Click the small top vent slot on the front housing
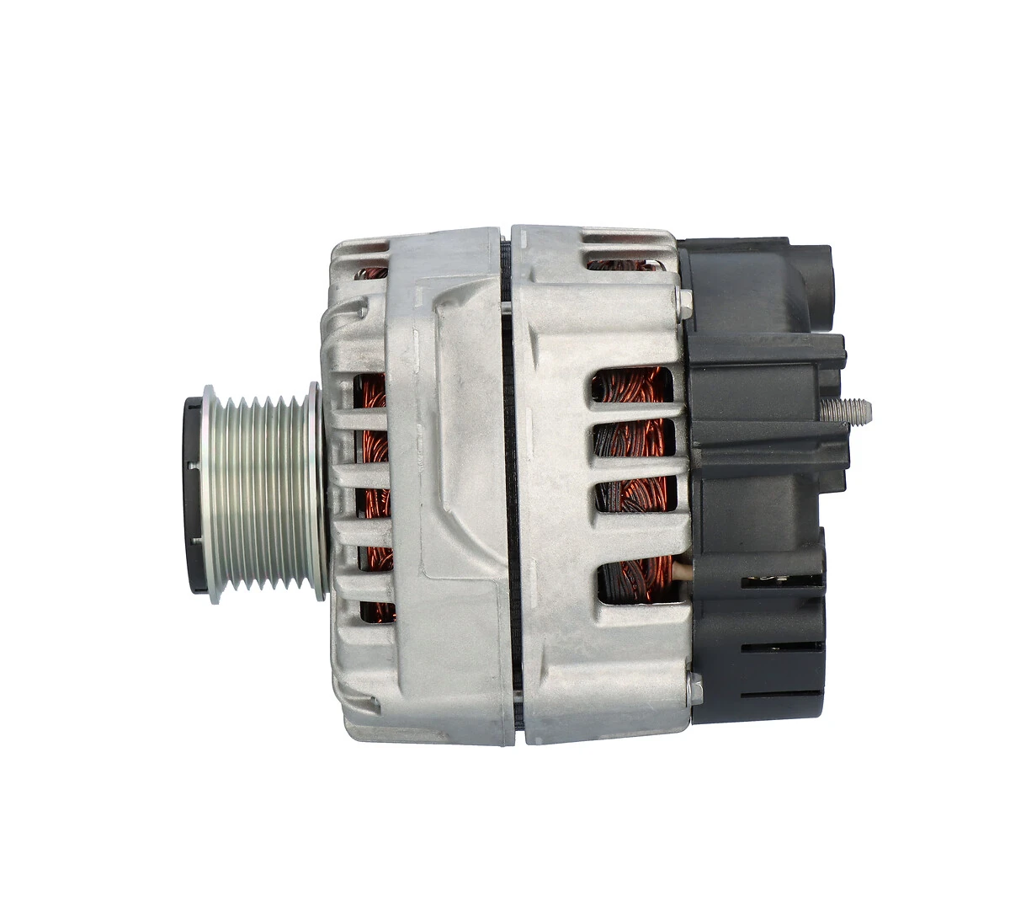[371, 272]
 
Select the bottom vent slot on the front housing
[376, 611]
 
